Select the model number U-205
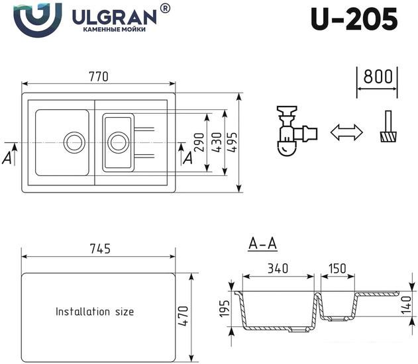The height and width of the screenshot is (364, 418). click(x=354, y=19)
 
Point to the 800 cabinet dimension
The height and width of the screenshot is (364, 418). click(x=377, y=76)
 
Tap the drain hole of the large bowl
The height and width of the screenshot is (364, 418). click(x=74, y=142)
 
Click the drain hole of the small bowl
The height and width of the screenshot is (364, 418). click(x=118, y=141)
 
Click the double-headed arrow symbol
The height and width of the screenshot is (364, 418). click(x=346, y=132)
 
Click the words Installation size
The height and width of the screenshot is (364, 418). click(x=95, y=311)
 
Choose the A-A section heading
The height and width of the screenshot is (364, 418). click(x=262, y=245)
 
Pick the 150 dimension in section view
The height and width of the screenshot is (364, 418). click(x=337, y=269)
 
